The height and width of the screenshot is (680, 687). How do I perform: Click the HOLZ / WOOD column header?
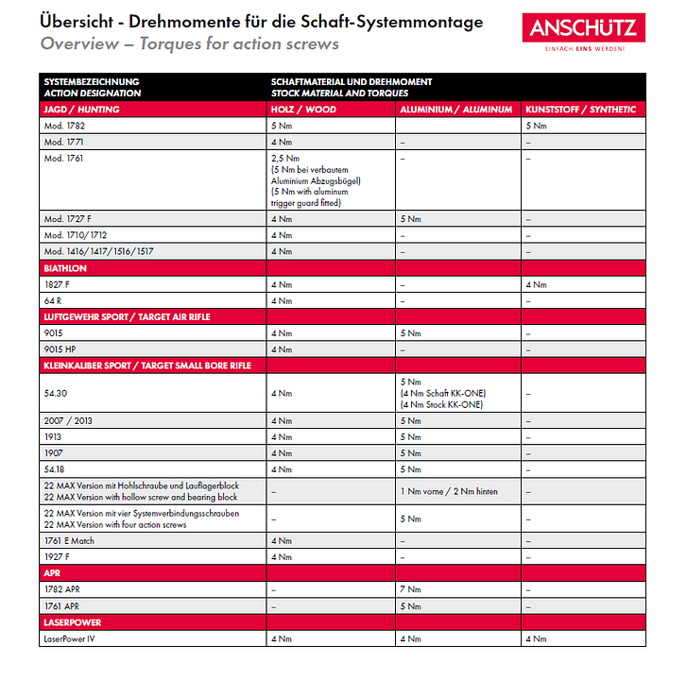coord(303,110)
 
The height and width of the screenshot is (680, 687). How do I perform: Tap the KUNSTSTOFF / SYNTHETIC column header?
coord(580,110)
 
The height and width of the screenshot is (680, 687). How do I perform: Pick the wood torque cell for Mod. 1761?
coord(317,180)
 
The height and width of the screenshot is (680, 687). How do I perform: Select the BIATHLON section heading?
coord(66,269)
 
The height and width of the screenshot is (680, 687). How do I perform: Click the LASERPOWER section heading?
coord(73,623)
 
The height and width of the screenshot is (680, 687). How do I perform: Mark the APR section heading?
coord(53,573)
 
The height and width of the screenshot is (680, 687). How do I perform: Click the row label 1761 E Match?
coord(69,541)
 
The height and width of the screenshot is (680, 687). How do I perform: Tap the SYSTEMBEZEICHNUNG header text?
coord(92,83)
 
